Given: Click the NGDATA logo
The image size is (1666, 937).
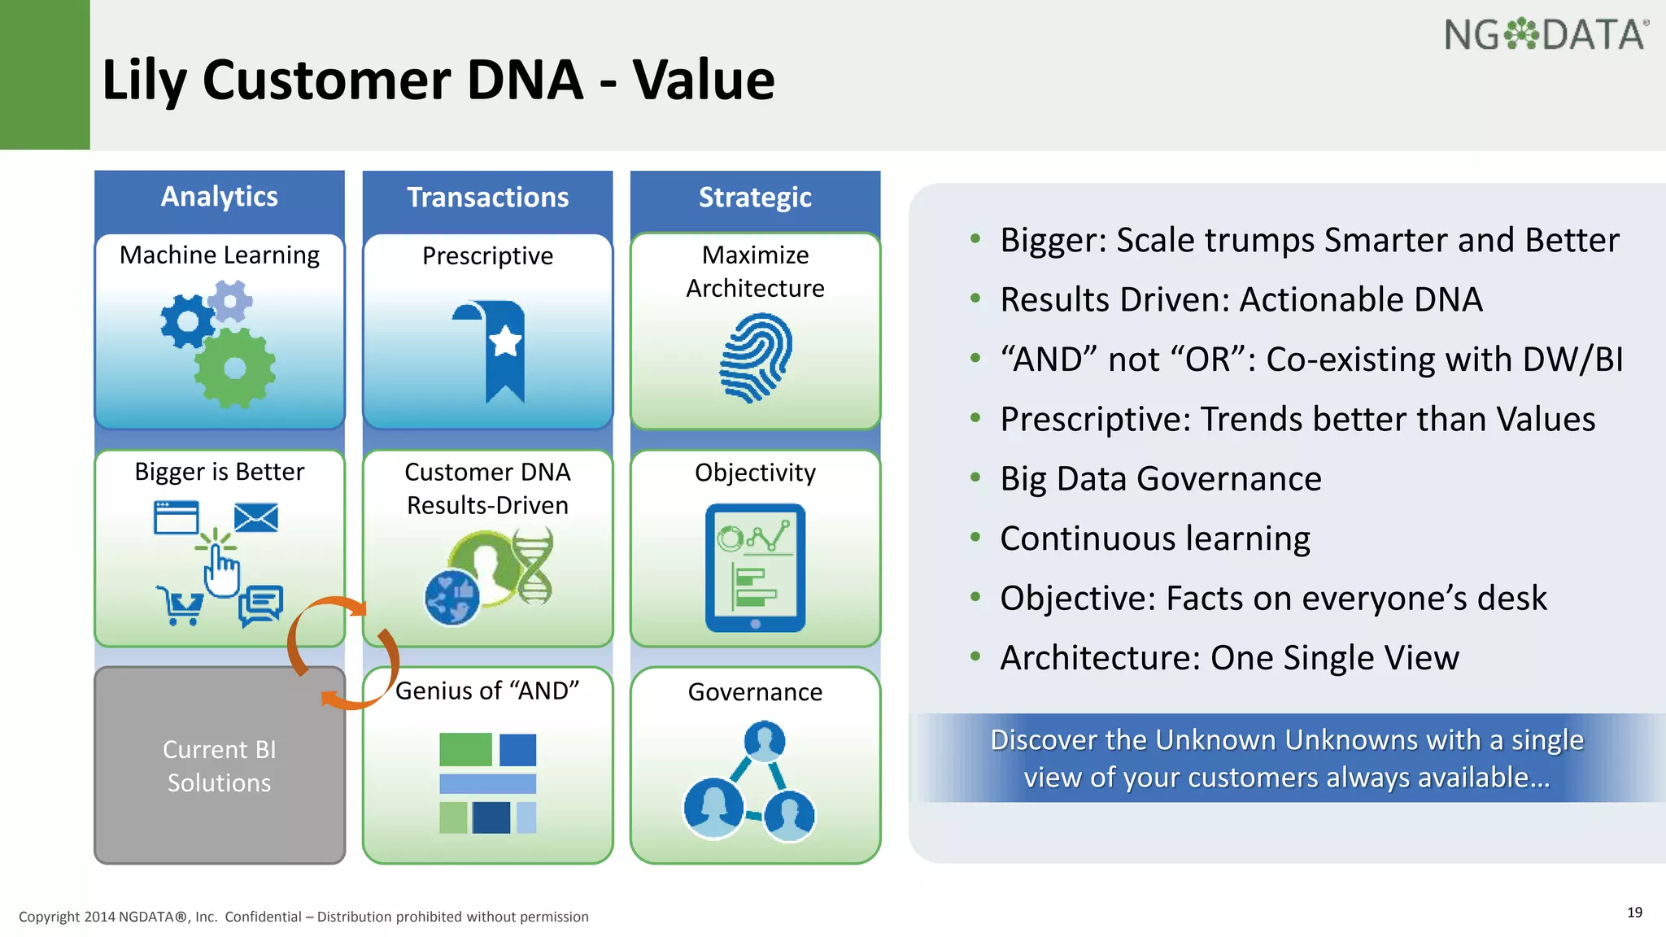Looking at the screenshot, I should pyautogui.click(x=1546, y=35).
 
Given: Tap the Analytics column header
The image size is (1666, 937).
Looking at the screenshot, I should pyautogui.click(x=220, y=197).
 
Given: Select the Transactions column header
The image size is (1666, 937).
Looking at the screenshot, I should pyautogui.click(x=487, y=198).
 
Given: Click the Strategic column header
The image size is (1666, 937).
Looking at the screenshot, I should pyautogui.click(x=755, y=198).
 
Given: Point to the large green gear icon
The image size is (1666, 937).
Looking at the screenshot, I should pyautogui.click(x=235, y=368).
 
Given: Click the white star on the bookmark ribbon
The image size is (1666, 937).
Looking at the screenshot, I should pyautogui.click(x=505, y=341).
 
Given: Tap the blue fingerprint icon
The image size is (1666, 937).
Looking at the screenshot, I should pyautogui.click(x=756, y=359).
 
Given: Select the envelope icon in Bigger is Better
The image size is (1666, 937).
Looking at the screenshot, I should pyautogui.click(x=256, y=517).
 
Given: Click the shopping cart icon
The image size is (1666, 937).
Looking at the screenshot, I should pyautogui.click(x=180, y=606).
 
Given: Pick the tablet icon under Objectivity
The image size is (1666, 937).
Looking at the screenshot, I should pyautogui.click(x=756, y=568).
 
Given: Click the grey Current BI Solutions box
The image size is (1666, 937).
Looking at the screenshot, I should pyautogui.click(x=220, y=765).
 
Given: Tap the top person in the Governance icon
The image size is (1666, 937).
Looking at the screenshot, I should pyautogui.click(x=765, y=740).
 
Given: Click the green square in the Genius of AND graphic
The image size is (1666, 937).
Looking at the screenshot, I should pyautogui.click(x=465, y=749).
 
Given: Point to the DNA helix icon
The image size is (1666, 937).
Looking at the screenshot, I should pyautogui.click(x=534, y=567).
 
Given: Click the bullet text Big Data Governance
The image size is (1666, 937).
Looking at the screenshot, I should pyautogui.click(x=1160, y=478).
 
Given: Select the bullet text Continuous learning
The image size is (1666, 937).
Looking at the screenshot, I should pyautogui.click(x=1154, y=538).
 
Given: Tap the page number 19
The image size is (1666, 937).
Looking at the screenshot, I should pyautogui.click(x=1634, y=913).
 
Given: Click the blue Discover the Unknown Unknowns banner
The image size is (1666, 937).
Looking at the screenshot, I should pyautogui.click(x=1286, y=758).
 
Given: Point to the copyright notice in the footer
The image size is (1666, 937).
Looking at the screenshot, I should pyautogui.click(x=303, y=917).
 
